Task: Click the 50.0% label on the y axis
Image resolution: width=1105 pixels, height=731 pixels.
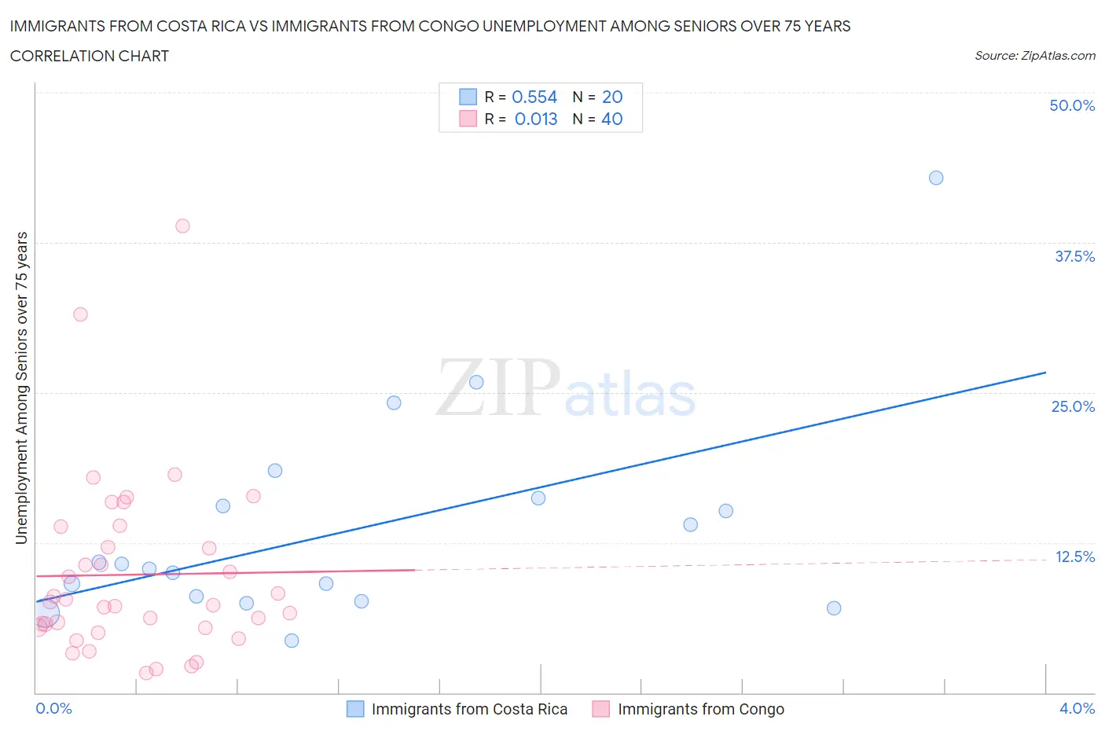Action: (1072, 105)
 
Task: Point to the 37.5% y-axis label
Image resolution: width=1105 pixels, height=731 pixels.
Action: (1074, 256)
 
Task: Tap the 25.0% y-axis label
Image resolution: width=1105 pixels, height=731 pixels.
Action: (1073, 406)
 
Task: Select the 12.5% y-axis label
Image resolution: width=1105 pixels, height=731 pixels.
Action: (1074, 557)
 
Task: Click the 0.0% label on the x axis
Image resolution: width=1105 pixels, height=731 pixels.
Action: (53, 708)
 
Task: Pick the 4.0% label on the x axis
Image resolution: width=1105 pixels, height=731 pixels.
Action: (1077, 708)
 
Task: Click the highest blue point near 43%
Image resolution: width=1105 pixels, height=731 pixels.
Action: (936, 178)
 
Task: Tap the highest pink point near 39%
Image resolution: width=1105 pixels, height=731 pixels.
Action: (182, 226)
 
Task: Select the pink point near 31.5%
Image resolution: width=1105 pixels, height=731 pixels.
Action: (80, 314)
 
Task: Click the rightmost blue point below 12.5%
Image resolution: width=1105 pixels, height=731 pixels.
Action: (834, 608)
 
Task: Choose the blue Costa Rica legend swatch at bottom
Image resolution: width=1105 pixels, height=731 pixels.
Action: (355, 709)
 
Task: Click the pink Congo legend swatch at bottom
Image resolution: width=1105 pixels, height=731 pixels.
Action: (601, 709)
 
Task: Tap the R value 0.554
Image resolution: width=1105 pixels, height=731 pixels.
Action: (534, 97)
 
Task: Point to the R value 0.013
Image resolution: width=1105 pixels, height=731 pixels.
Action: (536, 119)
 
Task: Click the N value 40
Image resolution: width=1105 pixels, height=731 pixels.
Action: (612, 119)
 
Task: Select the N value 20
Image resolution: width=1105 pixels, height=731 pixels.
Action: (612, 97)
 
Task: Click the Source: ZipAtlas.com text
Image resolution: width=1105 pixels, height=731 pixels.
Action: (1034, 56)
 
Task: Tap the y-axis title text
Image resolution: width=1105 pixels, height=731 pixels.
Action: (21, 388)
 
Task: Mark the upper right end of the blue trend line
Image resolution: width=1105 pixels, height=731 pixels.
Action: (1045, 372)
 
